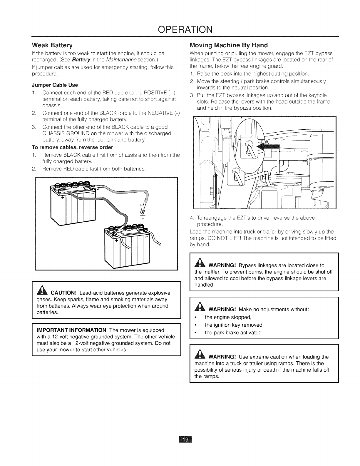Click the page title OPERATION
click(x=185, y=29)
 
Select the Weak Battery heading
click(x=52, y=45)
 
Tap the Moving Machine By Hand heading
click(x=229, y=45)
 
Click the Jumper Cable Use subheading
click(x=55, y=85)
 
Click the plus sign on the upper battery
click(x=63, y=198)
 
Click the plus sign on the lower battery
click(x=116, y=241)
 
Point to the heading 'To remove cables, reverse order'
click(x=72, y=147)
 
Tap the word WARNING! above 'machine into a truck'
click(x=222, y=357)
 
